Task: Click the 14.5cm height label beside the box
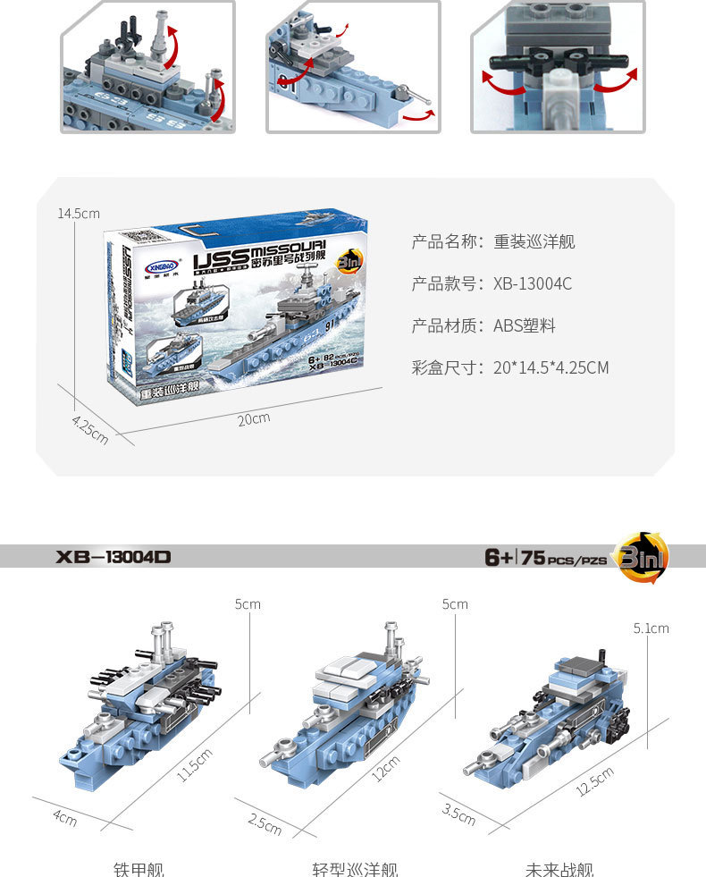pos(79,214)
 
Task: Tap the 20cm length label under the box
pos(253,418)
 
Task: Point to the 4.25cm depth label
pos(90,428)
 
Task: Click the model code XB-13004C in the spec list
pos(533,284)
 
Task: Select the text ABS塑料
pos(525,325)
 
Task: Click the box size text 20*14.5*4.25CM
pos(551,367)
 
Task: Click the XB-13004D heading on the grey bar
pos(113,557)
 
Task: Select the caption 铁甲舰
pos(139,868)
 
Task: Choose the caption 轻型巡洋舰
pos(355,868)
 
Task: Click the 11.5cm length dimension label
pos(195,764)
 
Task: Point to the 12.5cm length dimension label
pos(595,780)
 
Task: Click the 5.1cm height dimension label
pos(651,628)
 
